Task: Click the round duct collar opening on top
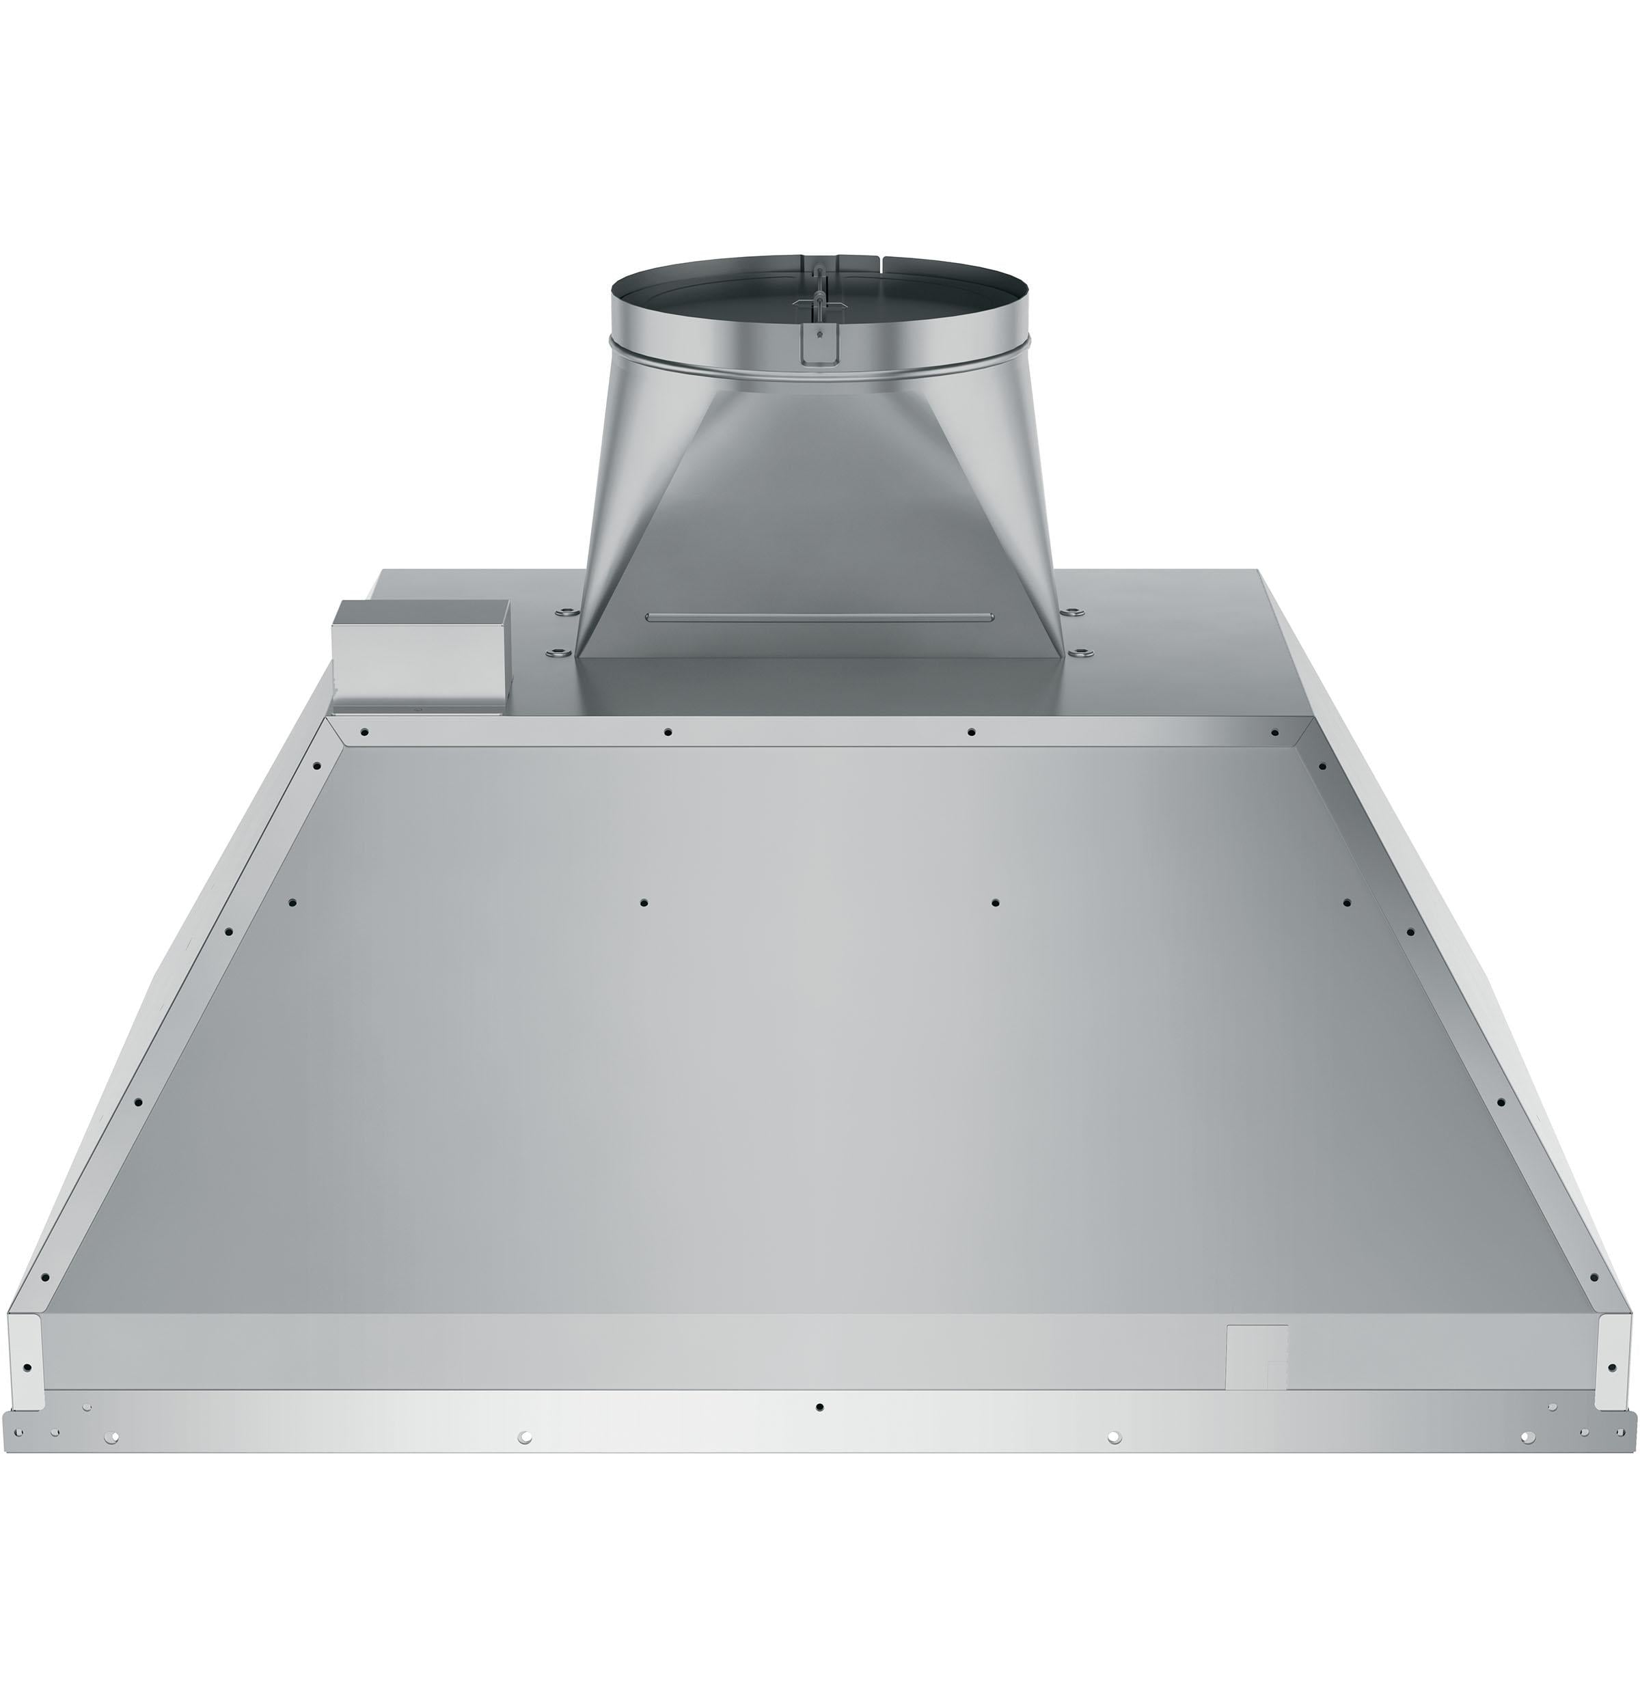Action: (x=819, y=288)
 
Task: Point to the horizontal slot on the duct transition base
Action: (x=819, y=618)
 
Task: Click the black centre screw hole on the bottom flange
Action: (x=819, y=1407)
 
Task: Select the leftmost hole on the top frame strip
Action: (x=365, y=732)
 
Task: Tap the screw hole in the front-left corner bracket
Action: (x=27, y=1367)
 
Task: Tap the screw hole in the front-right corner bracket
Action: (x=1611, y=1367)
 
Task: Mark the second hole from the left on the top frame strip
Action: (x=668, y=732)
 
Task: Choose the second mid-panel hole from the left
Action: (x=643, y=903)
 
